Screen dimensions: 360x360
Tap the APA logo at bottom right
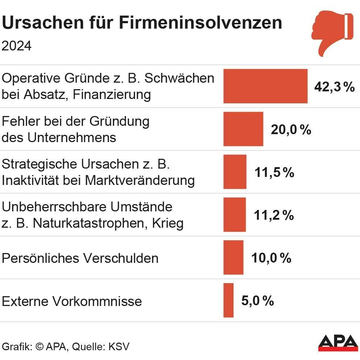[x=337, y=342]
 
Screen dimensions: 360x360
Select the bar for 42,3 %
[x=265, y=86]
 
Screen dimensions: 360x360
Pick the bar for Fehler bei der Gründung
[x=243, y=129]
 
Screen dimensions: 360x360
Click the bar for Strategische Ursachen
[x=235, y=172]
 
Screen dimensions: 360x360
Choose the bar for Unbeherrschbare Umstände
[x=235, y=215]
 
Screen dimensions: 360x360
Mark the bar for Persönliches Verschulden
[x=233, y=257]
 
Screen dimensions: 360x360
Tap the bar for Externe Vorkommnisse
[x=228, y=300]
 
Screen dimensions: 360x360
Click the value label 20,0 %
[x=291, y=130]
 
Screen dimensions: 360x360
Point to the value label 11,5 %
[x=274, y=173]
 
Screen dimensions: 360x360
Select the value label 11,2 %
[x=274, y=215]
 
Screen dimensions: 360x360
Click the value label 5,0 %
[x=257, y=301]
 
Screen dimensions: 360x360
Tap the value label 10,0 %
[x=272, y=258]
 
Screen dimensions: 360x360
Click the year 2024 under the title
[x=17, y=46]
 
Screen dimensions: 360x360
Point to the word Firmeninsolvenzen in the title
[x=200, y=22]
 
